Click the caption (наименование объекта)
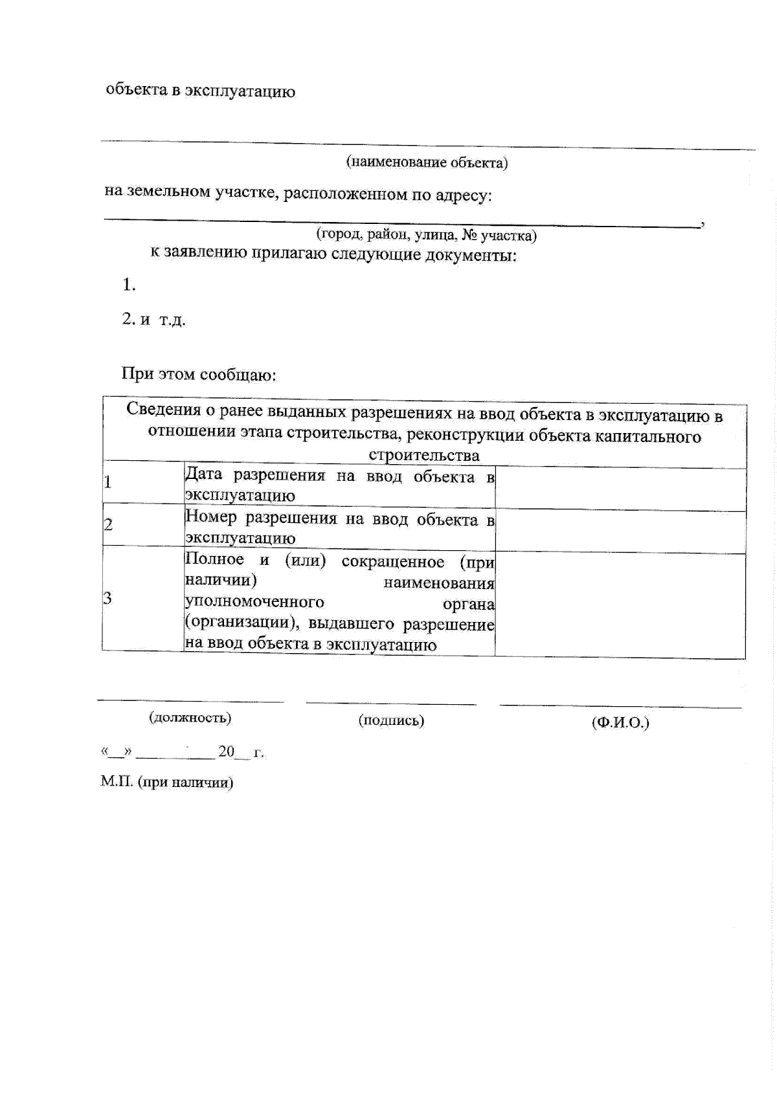(x=427, y=162)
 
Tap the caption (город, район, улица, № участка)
(x=426, y=234)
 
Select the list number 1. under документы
(x=129, y=285)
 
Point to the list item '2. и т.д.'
(x=153, y=319)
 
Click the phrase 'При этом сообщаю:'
(x=199, y=375)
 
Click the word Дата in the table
(x=203, y=474)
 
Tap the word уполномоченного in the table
(x=254, y=602)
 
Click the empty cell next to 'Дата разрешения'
(x=620, y=489)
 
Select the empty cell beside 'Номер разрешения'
(x=620, y=532)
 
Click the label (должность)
(x=190, y=717)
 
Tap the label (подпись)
(x=391, y=720)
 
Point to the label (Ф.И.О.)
(x=620, y=722)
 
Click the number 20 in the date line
(x=227, y=751)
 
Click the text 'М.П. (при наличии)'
(x=167, y=782)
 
